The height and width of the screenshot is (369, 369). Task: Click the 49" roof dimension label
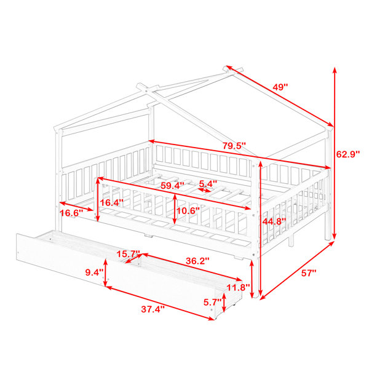coord(280,87)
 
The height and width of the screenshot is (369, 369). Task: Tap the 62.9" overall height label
coord(348,154)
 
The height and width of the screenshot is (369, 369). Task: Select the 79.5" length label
coord(234,146)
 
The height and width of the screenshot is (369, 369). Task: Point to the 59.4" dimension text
coord(172,186)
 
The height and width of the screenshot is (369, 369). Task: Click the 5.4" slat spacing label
coord(208,183)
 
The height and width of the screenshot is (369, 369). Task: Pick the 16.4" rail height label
coord(111,202)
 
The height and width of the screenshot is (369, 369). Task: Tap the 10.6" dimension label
coord(188,210)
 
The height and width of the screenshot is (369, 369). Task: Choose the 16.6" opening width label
coord(71,213)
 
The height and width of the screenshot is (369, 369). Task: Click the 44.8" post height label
coord(274,221)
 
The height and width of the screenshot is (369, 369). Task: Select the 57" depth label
coord(309,273)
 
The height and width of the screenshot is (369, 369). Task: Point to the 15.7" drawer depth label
coord(129,254)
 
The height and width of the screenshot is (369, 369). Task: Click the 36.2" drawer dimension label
coord(197,261)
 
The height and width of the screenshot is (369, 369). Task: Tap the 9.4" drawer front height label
coord(94,272)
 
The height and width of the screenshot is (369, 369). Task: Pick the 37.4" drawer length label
coord(153,309)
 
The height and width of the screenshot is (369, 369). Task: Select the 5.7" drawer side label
coord(213,302)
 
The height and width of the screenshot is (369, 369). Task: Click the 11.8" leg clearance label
coord(238,287)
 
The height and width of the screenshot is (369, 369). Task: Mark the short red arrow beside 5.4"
coord(204,190)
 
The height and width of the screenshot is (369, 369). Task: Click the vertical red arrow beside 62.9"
coord(335,154)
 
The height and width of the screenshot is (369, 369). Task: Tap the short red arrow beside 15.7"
coord(133,259)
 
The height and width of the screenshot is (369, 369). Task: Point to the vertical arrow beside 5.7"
coord(224,303)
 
